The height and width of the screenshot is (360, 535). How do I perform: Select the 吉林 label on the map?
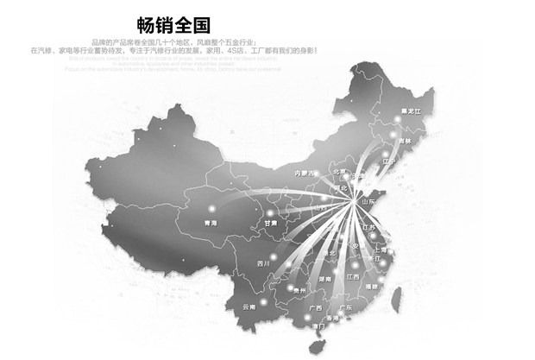click(405, 141)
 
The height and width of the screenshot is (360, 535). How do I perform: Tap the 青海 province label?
click(207, 223)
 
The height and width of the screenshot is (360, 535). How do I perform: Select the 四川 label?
click(263, 262)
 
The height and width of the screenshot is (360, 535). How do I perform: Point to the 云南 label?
click(249, 306)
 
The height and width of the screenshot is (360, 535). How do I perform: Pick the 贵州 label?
click(299, 292)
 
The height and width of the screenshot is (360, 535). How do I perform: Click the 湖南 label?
click(324, 280)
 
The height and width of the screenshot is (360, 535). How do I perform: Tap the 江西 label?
click(352, 276)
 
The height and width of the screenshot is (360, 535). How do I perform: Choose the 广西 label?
click(315, 308)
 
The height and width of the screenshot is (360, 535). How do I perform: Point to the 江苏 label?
click(372, 226)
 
